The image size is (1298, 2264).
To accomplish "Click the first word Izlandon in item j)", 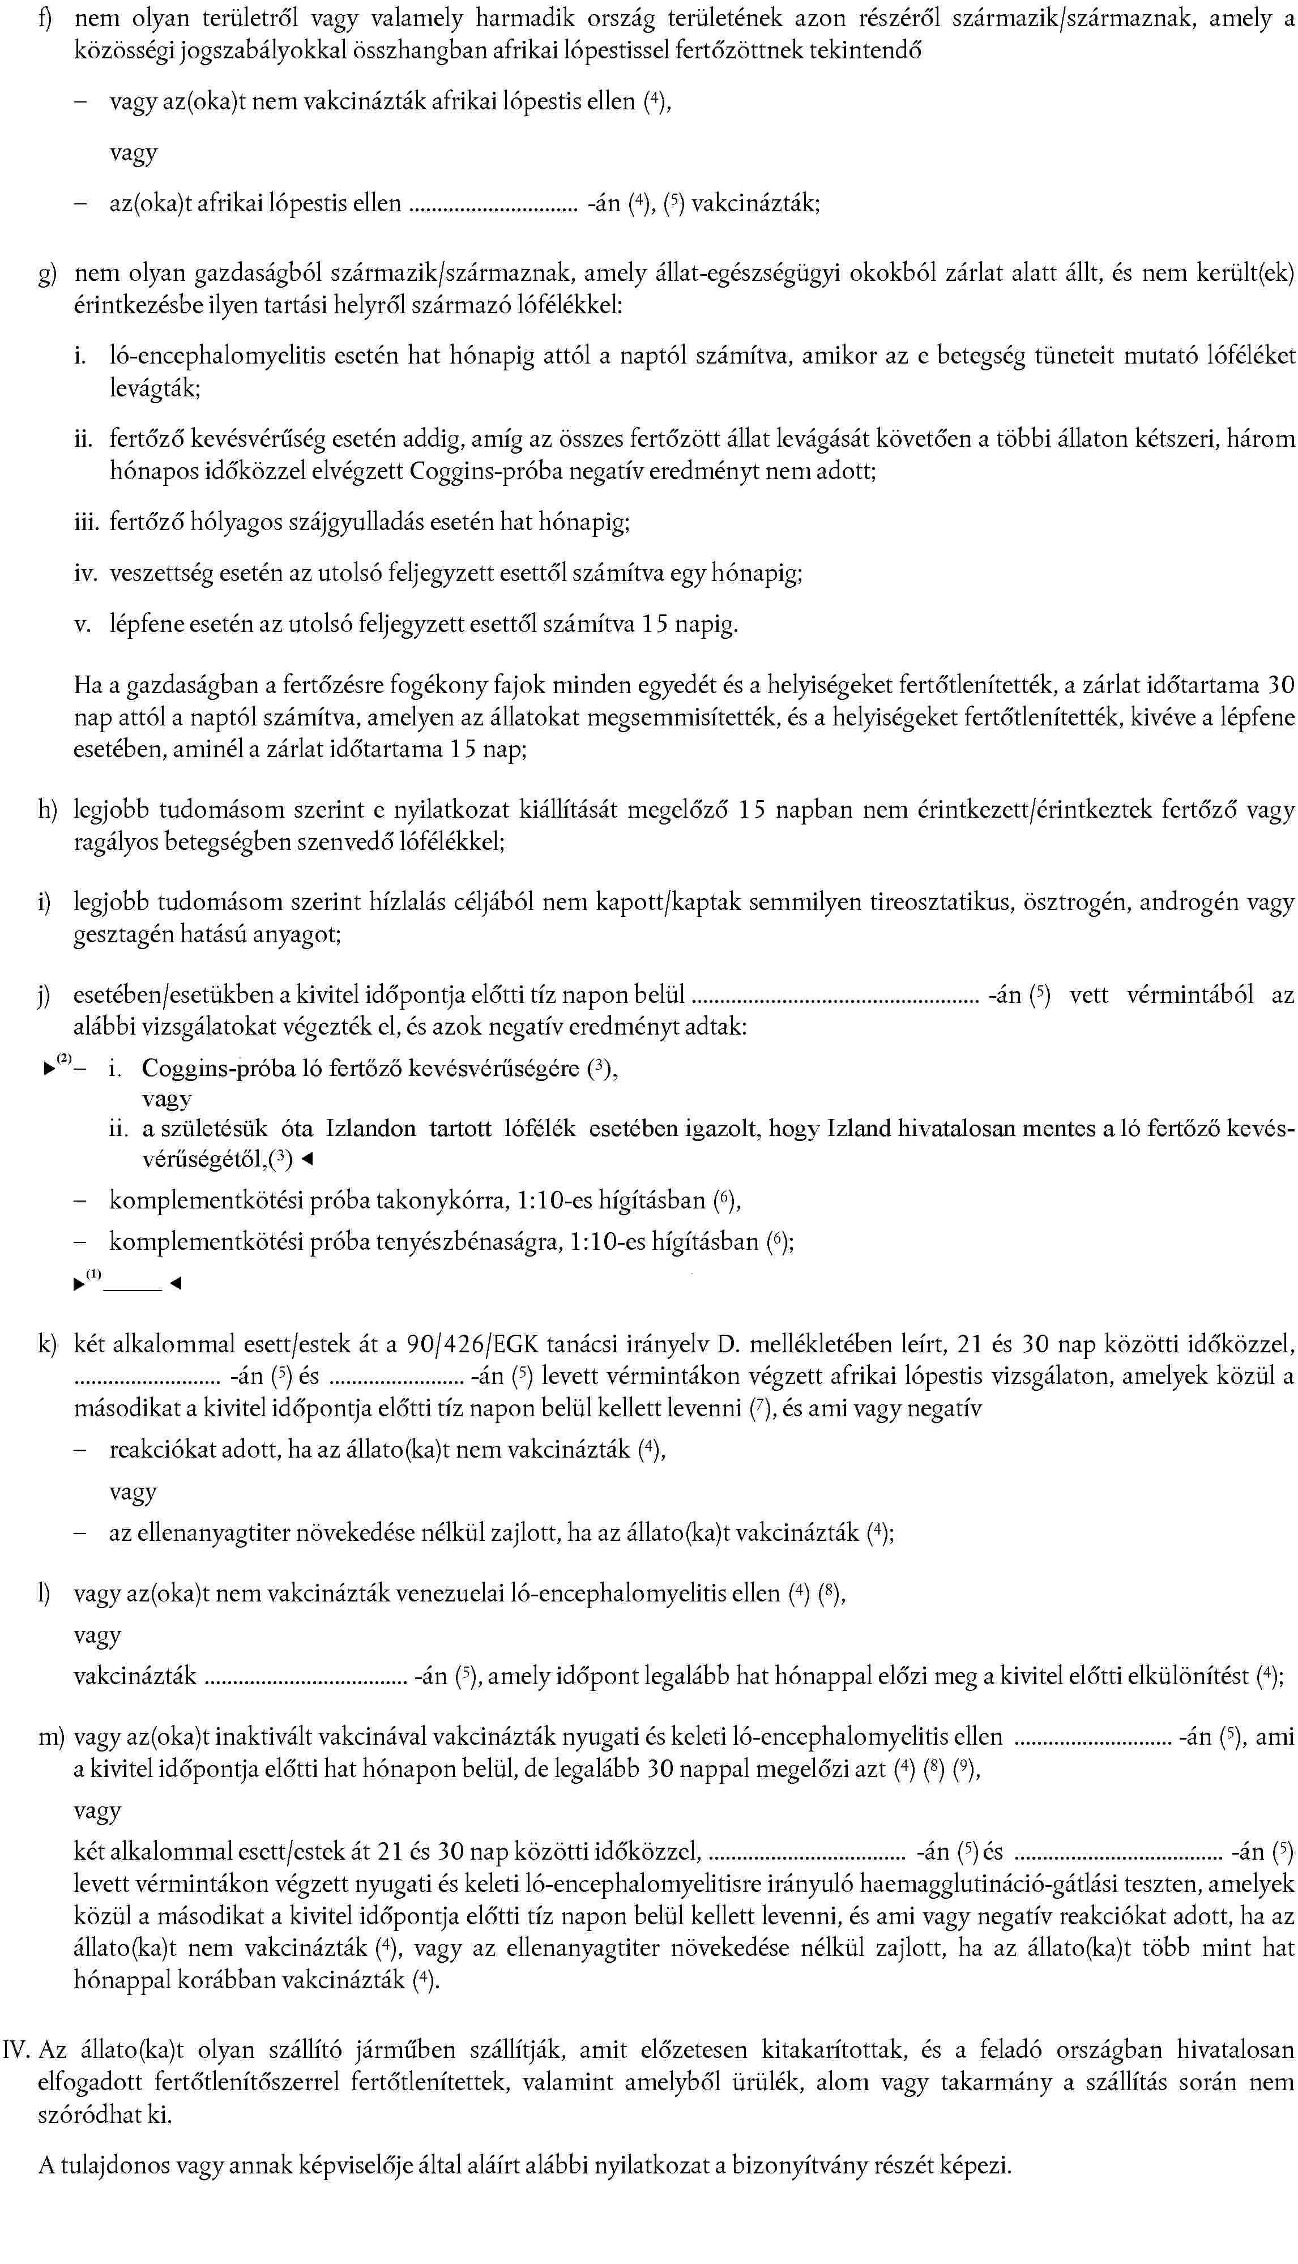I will (371, 1129).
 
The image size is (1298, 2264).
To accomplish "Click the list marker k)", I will (46, 1344).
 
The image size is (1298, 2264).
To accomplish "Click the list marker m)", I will (52, 1737).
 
